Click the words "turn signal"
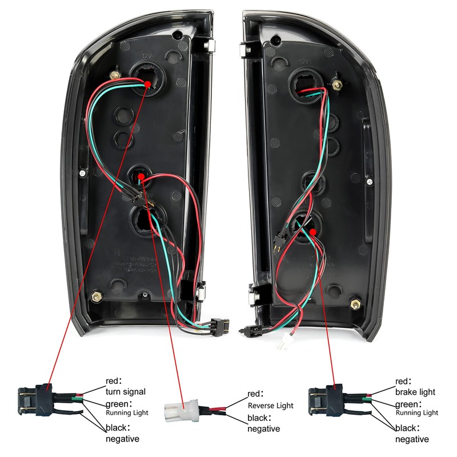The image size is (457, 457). coord(126,392)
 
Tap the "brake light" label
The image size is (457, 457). coord(415,392)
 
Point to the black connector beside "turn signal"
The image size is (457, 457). coord(34,399)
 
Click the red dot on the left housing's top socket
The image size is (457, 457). coord(148,83)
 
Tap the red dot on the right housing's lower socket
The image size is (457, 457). coord(314,231)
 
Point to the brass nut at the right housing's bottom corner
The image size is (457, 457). coord(357,303)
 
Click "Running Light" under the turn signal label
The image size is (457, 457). coord(127,412)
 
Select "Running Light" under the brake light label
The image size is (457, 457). coord(416,412)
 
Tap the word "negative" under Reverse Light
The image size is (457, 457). coord(263,428)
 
